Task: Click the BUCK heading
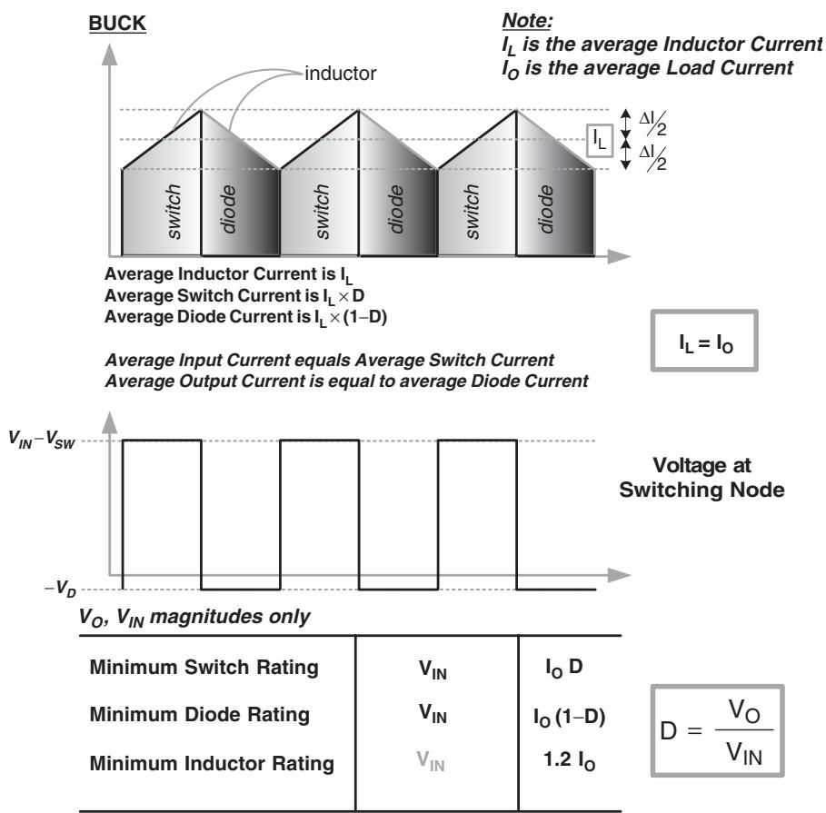pos(117,24)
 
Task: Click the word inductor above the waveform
pos(340,74)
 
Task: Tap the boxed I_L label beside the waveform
pos(600,140)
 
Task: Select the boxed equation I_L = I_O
pos(704,341)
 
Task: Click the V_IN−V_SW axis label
pos(42,440)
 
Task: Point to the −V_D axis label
pos(60,589)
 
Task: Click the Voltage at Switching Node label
pos(702,477)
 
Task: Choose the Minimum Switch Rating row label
pos(204,667)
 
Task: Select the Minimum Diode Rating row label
pos(200,715)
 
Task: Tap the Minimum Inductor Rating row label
pos(212,763)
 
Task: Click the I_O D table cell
pos(563,668)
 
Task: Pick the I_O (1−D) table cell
pos(569,717)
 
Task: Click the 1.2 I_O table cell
pos(569,761)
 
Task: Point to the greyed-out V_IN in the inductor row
pos(431,761)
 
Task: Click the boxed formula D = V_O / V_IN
pos(718,731)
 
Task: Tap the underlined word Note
pos(527,21)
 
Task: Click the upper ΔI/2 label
pos(652,123)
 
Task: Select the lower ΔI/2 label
pos(652,157)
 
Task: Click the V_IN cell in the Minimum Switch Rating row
pos(433,669)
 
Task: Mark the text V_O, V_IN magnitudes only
pos(194,617)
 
